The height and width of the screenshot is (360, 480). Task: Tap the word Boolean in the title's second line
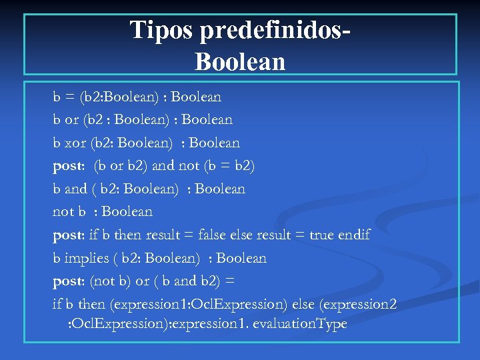point(240,62)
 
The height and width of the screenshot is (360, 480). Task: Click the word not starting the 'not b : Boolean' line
point(63,212)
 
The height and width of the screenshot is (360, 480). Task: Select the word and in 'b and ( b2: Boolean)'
point(76,189)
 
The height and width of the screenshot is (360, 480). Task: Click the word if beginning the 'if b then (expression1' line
point(57,305)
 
